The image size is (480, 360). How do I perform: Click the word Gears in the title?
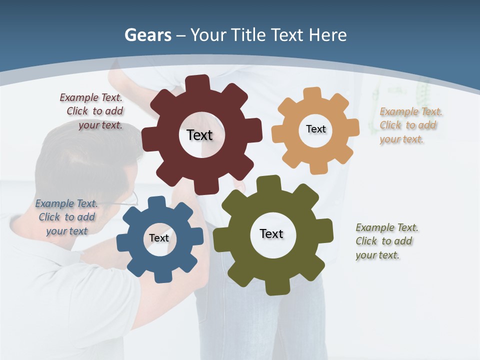147,35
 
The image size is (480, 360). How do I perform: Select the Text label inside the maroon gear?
199,135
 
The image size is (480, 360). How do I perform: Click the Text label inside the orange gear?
315,129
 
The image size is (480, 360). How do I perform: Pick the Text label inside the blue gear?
159,238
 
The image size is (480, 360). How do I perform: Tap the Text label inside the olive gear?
271,233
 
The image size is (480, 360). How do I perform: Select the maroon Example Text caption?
92,111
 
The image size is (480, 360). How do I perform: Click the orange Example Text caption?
410,125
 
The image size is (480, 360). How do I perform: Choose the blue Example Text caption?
66,217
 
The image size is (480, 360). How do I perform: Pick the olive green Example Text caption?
386,241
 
